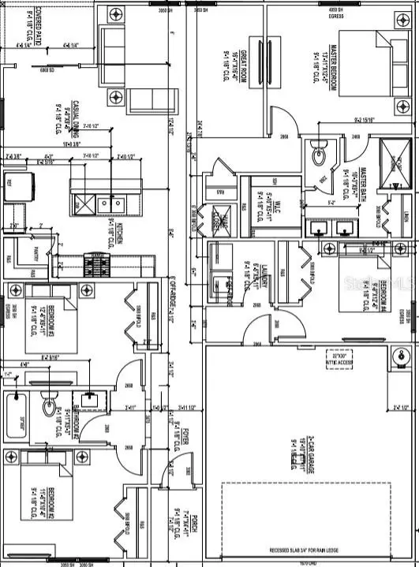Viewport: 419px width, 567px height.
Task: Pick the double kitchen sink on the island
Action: (x=107, y=204)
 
